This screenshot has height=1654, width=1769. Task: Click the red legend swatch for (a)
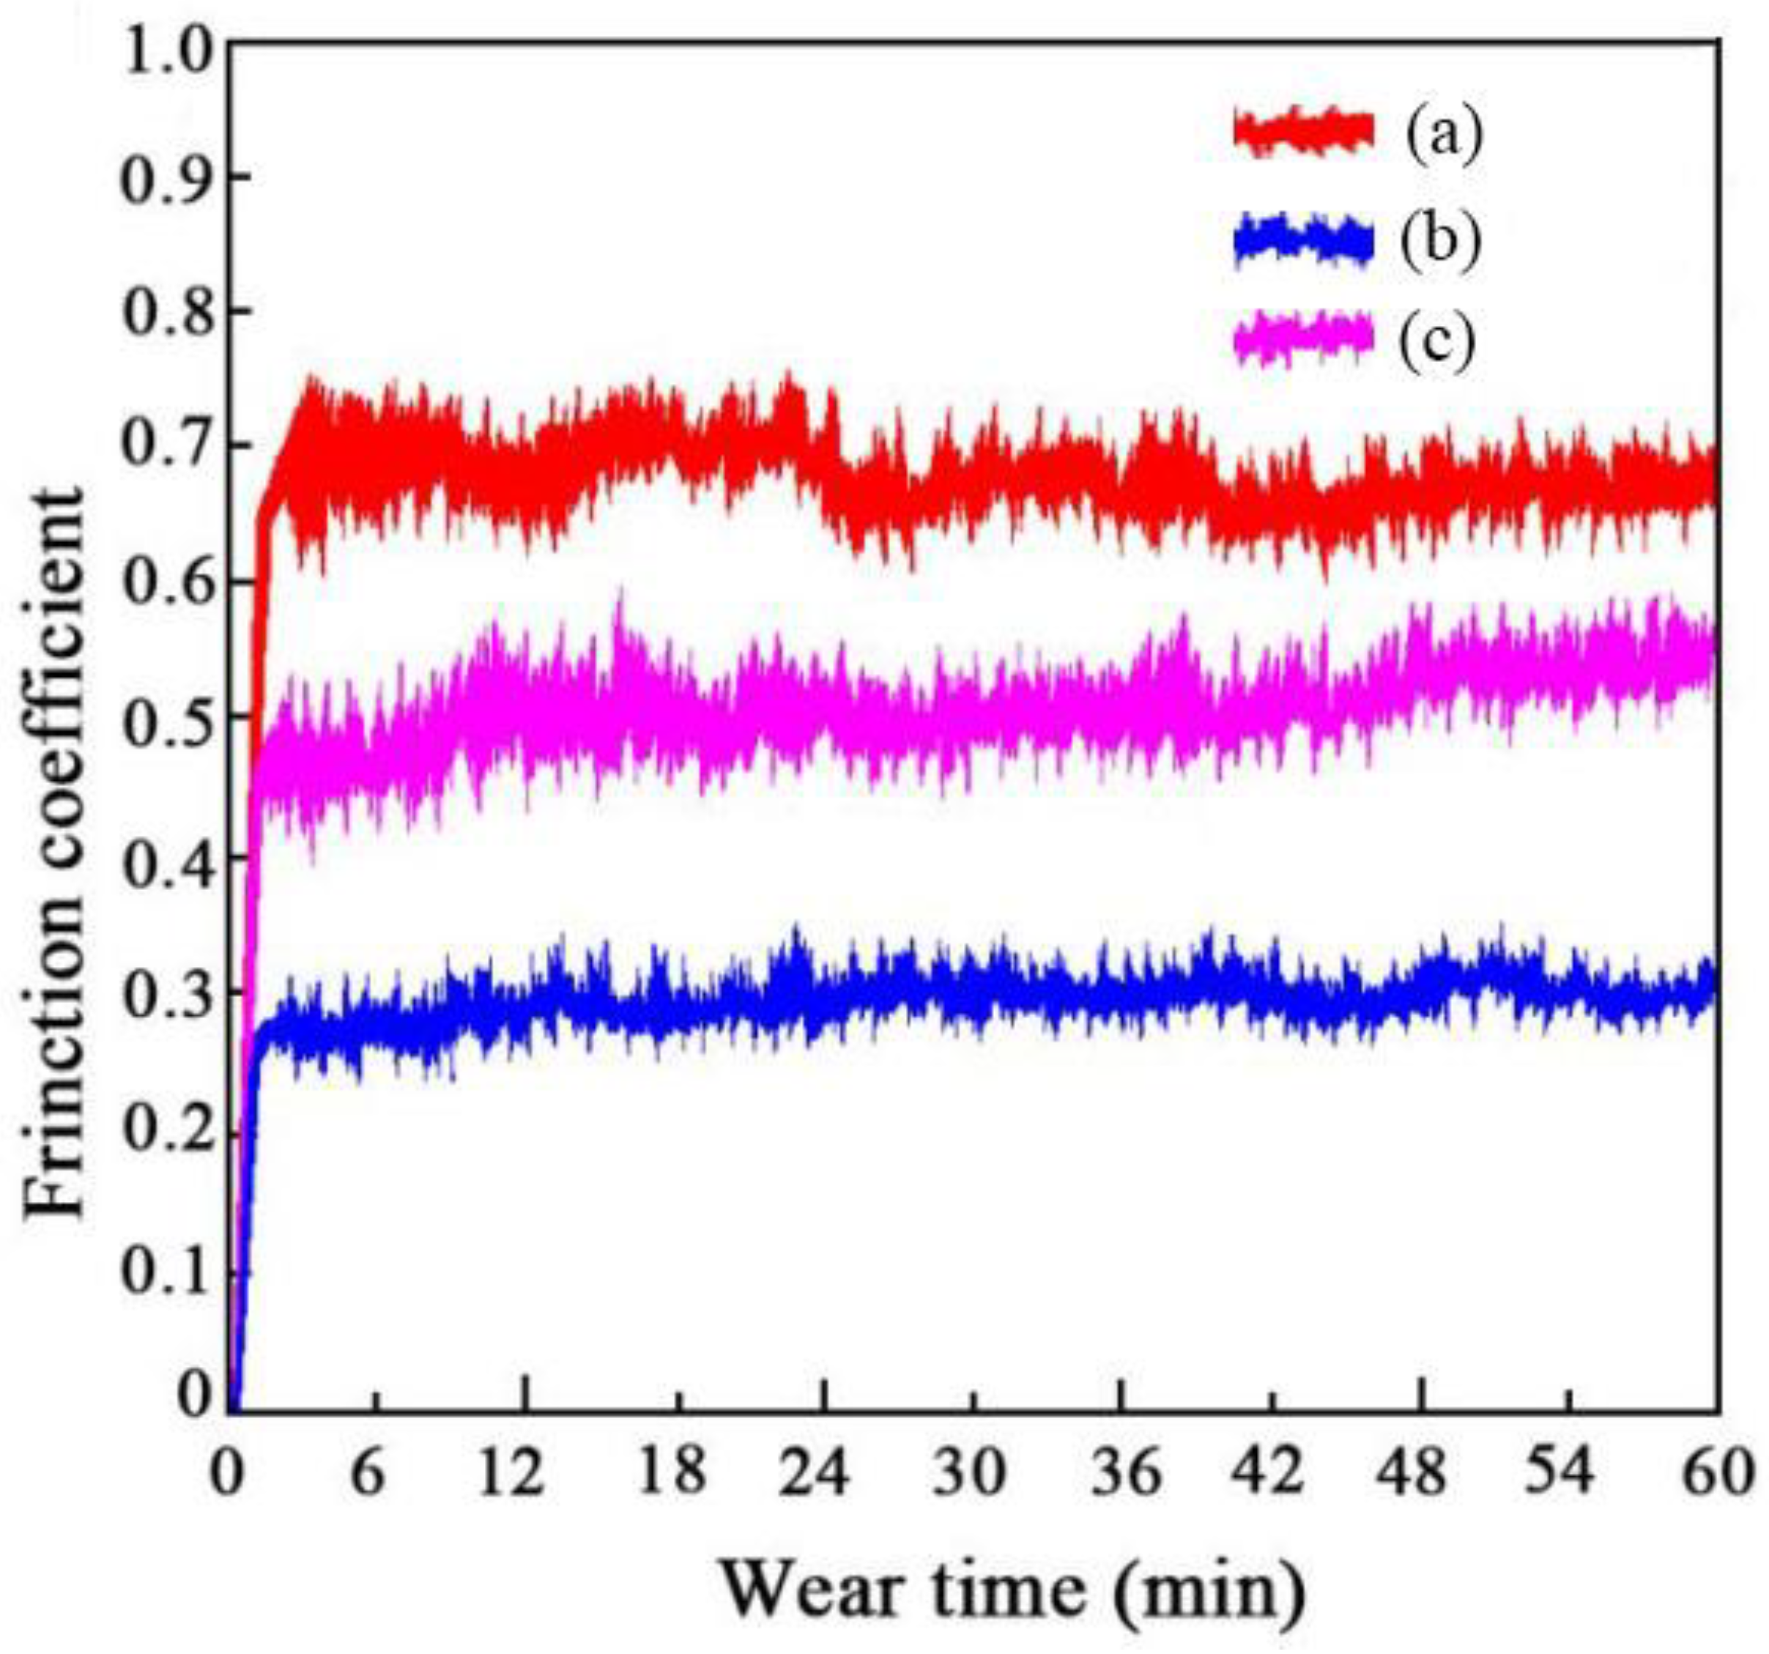tap(1304, 132)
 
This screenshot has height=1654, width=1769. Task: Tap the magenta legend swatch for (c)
tap(1304, 339)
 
